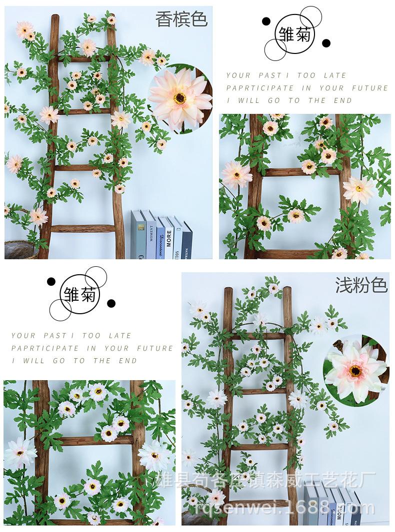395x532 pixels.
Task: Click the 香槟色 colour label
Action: click(181, 19)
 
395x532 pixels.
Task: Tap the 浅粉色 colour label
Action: click(361, 285)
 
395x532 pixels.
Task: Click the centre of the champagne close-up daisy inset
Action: click(180, 97)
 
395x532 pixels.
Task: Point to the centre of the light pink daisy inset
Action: click(355, 370)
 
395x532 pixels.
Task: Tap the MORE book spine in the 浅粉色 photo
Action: click(339, 512)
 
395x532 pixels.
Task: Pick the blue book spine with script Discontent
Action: click(160, 238)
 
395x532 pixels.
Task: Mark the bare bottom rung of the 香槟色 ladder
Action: click(83, 229)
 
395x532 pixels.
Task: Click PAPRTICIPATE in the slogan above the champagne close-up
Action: click(260, 88)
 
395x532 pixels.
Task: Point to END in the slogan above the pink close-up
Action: click(128, 361)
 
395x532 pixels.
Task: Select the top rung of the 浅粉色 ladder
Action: click(257, 336)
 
